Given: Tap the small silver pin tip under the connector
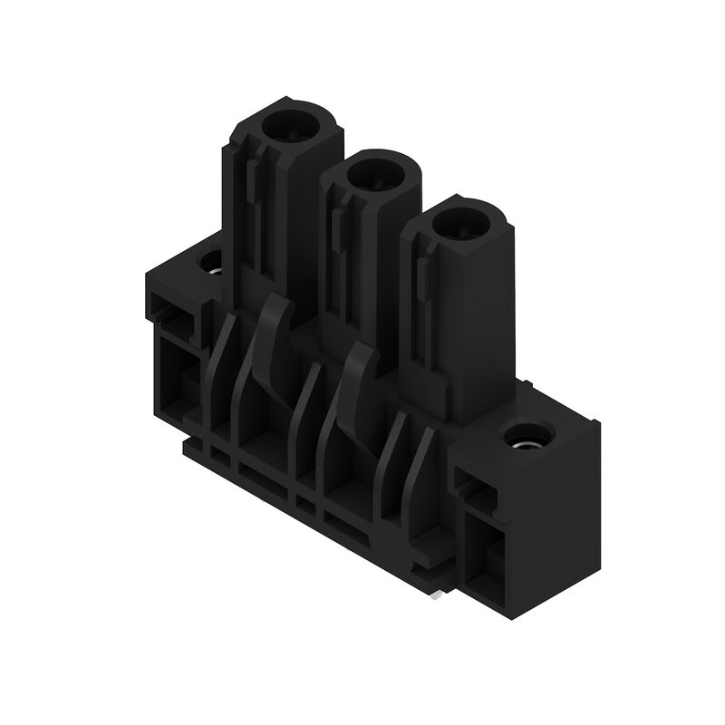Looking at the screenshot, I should point(439,594).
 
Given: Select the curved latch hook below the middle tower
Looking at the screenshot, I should point(361,372).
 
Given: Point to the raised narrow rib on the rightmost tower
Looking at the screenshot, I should point(422,276).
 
